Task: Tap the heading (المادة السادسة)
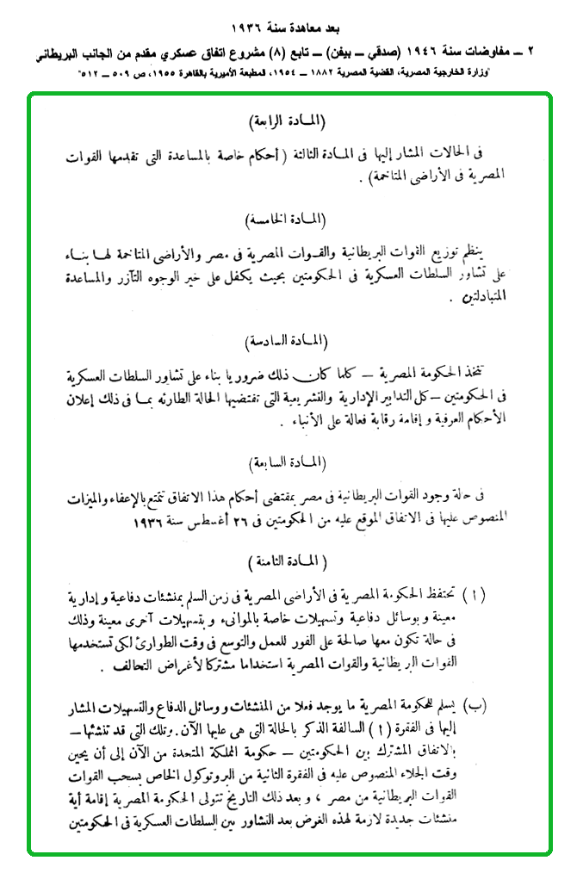point(288,342)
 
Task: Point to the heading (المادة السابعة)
point(288,463)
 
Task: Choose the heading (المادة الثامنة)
point(288,561)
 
